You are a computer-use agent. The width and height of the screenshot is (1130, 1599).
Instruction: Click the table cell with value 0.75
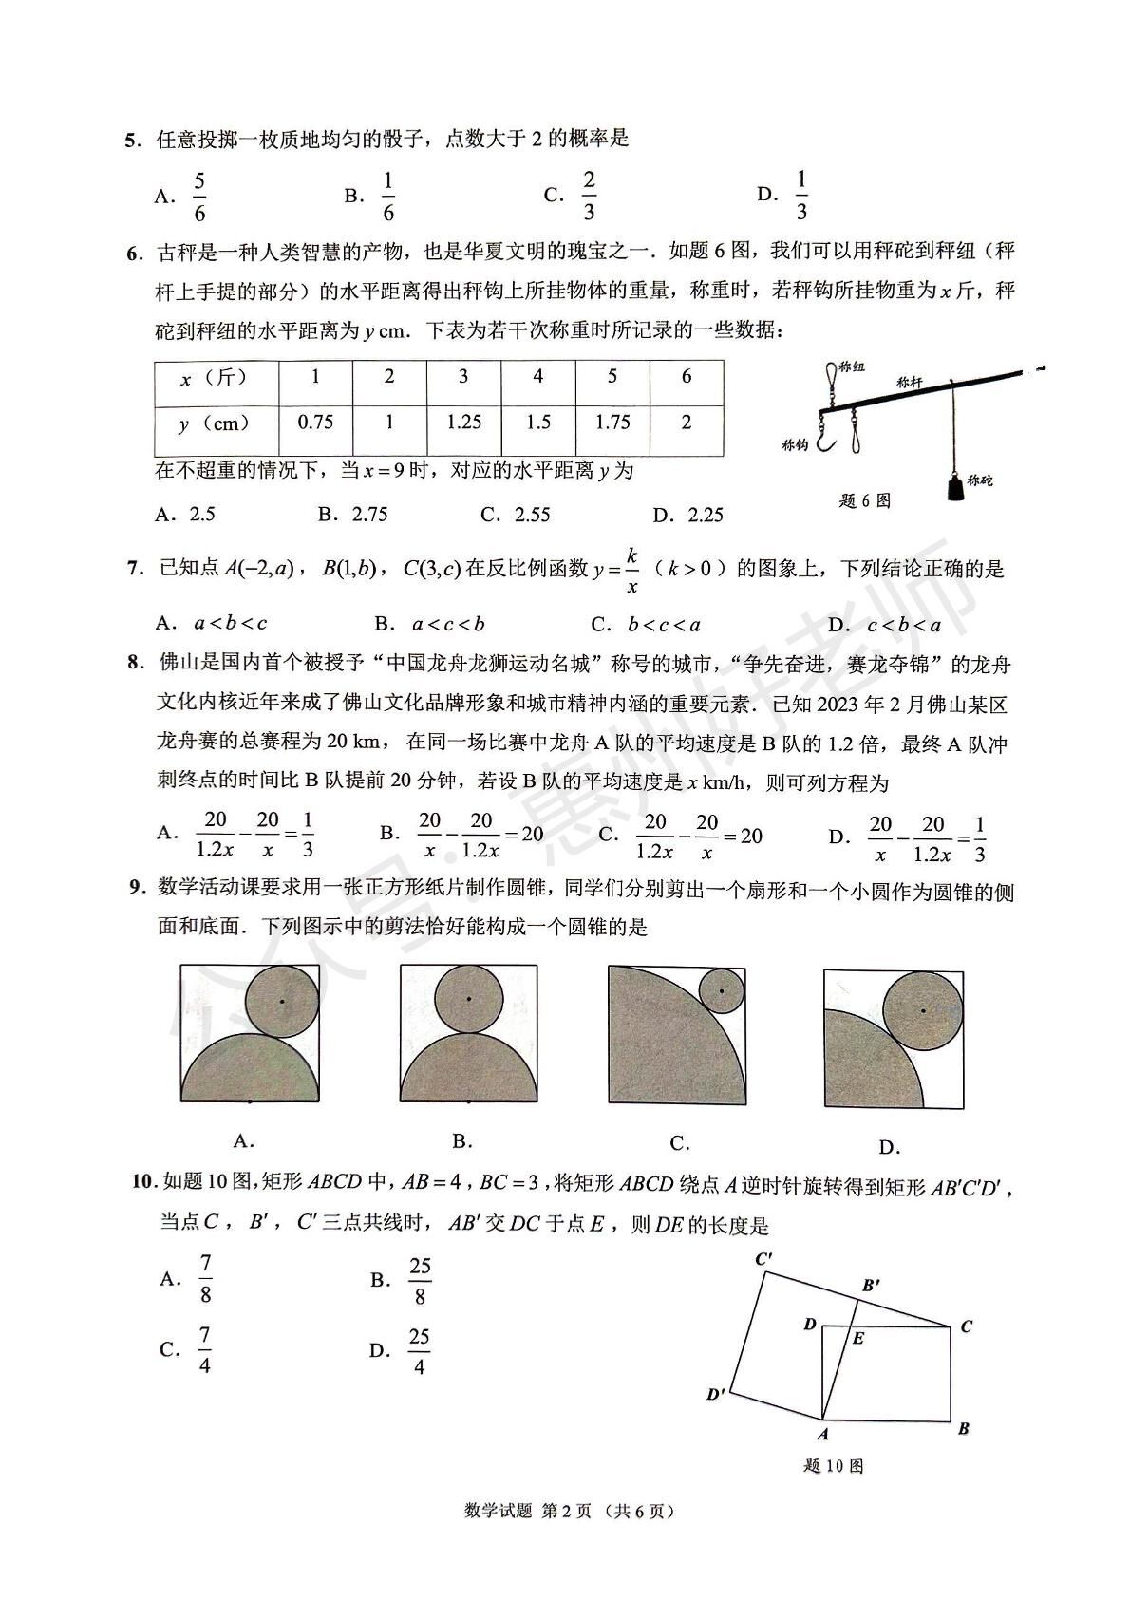click(x=315, y=423)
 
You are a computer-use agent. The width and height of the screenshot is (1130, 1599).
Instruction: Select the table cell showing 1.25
click(x=463, y=423)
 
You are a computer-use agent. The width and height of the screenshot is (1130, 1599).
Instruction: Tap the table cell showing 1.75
click(x=612, y=423)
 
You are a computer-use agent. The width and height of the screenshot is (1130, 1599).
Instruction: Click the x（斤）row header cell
click(x=216, y=378)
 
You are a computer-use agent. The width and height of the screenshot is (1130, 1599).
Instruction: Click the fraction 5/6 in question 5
click(x=199, y=197)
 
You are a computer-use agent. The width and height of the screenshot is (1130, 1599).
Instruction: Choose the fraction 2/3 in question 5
click(x=589, y=197)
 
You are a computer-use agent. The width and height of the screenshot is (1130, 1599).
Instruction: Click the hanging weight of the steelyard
click(x=951, y=485)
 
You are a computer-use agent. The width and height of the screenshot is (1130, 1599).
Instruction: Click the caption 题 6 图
click(x=865, y=500)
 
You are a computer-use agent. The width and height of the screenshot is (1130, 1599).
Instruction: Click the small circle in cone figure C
click(x=721, y=991)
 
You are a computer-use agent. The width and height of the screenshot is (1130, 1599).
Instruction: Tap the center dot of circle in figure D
click(x=923, y=1011)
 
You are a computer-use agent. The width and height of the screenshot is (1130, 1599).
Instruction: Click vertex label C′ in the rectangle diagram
click(x=764, y=1260)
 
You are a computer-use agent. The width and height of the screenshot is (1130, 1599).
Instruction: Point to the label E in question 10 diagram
click(x=858, y=1339)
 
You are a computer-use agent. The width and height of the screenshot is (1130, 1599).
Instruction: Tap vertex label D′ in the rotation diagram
click(x=717, y=1395)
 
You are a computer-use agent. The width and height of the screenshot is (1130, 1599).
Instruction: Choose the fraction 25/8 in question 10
click(x=420, y=1281)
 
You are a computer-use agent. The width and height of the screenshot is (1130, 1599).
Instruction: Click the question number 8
click(x=135, y=663)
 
